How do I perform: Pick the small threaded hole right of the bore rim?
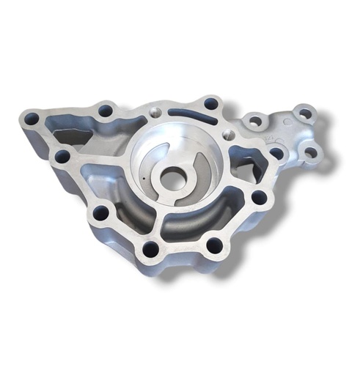228,135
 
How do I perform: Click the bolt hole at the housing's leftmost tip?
32,117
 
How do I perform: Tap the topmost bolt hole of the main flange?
211,103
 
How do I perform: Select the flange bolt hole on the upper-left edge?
106,111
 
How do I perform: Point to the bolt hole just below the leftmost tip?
62,156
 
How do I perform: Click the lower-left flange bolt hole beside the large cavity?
100,213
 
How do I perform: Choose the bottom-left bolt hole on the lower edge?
151,249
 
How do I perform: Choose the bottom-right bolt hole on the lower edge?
214,244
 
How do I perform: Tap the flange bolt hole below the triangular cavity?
258,196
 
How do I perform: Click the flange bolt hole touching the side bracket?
276,153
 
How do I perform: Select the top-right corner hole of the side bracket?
304,114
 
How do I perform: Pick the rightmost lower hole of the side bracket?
310,153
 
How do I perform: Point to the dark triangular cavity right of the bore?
246,160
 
